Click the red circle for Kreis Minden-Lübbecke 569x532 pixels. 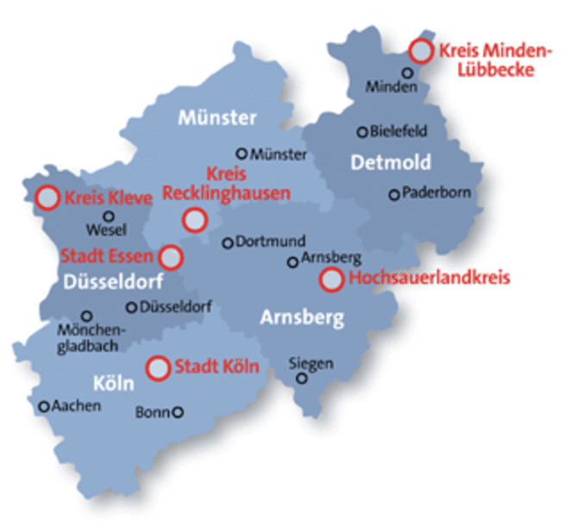[x=421, y=51]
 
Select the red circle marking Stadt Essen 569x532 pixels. [x=172, y=256]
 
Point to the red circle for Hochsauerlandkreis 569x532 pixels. [x=330, y=279]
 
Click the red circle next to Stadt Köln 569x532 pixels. [x=158, y=368]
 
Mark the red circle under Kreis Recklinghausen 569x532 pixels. [x=196, y=220]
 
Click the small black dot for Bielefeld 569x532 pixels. [x=363, y=132]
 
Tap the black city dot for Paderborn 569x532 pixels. [x=394, y=195]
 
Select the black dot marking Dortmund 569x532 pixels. [x=228, y=243]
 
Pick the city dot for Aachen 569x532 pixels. [x=44, y=405]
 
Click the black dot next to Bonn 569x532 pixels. [x=178, y=412]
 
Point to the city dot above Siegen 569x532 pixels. [x=302, y=378]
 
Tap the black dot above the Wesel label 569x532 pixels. [x=109, y=216]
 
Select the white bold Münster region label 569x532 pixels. [x=217, y=117]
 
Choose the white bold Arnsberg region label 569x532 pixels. [x=302, y=318]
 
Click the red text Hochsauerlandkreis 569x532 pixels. [x=428, y=279]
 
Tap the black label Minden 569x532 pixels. [x=385, y=86]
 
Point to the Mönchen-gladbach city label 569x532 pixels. [x=92, y=338]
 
